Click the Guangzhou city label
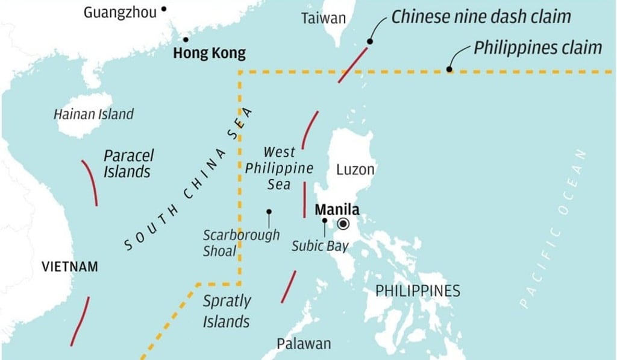click(x=119, y=12)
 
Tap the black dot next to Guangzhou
click(x=163, y=9)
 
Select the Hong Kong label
click(x=209, y=54)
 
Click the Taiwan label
click(x=324, y=19)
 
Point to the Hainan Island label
click(x=93, y=114)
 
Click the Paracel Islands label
click(x=128, y=163)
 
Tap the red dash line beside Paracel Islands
click(x=90, y=182)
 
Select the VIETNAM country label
click(x=69, y=267)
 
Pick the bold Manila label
click(x=337, y=210)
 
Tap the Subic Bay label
click(x=320, y=246)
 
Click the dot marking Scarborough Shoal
click(x=269, y=212)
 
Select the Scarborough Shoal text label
click(x=241, y=242)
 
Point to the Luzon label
click(x=355, y=169)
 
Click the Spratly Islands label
click(x=227, y=311)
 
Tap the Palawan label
click(x=304, y=344)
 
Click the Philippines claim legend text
click(x=537, y=48)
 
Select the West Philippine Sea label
click(x=279, y=168)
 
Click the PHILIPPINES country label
click(x=418, y=291)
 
